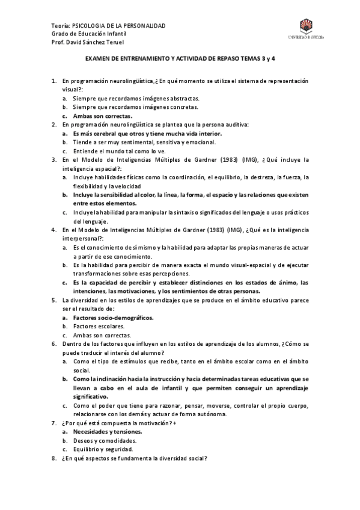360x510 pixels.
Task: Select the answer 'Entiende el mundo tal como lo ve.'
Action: click(x=119, y=151)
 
